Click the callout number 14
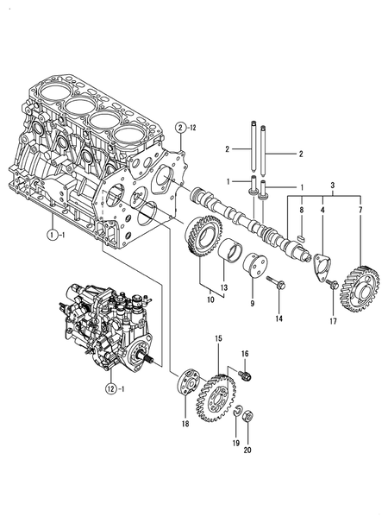pos(279,318)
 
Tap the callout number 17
pos(333,321)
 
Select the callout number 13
pos(223,287)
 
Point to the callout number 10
pos(210,299)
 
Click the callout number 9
pos(253,303)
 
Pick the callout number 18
pos(185,424)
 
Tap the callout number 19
pos(235,443)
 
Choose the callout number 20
pos(247,450)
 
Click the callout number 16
pos(245,354)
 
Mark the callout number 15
pos(218,338)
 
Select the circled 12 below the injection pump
pos(111,388)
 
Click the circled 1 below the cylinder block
pos(52,235)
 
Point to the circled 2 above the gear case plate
pos(180,128)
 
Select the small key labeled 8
pos(302,237)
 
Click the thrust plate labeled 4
pos(322,268)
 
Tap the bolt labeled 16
pos(245,375)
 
